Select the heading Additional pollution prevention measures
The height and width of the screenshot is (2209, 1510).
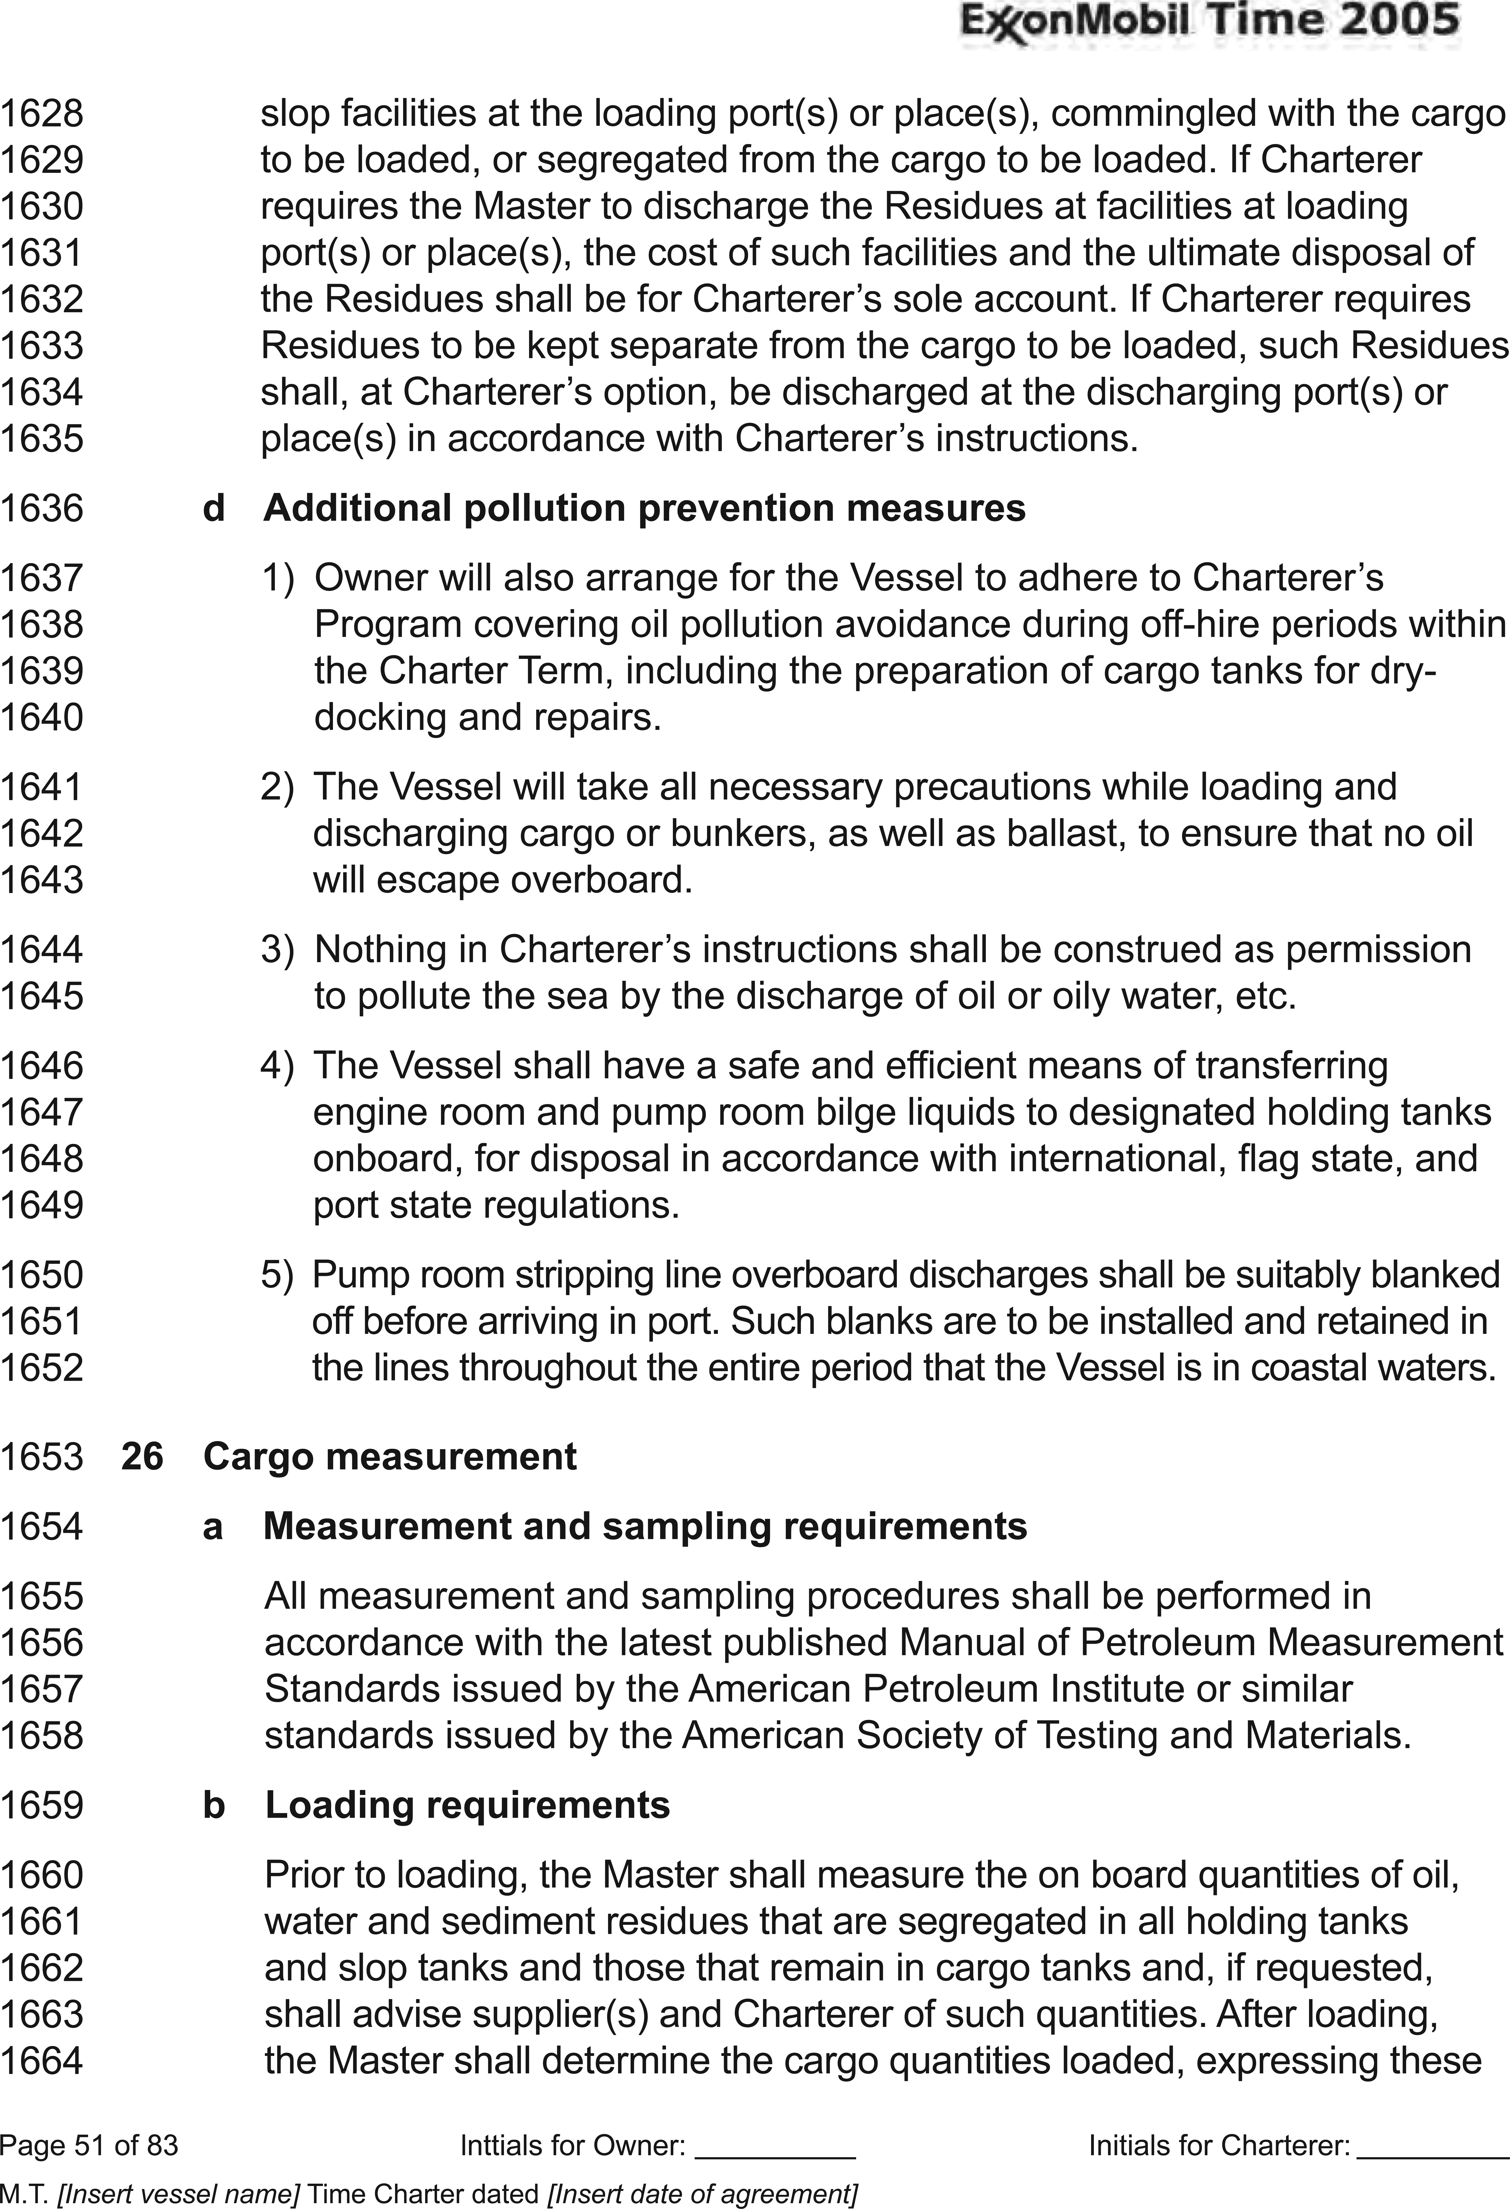coord(644,509)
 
